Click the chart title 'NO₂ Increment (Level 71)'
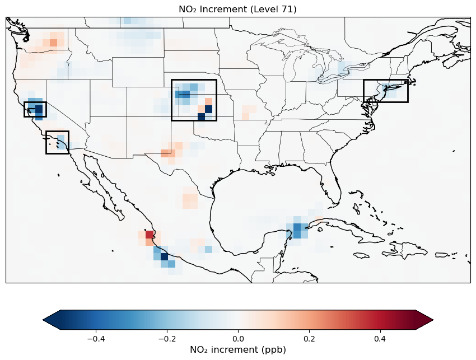click(x=237, y=9)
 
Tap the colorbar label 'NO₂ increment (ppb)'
click(x=237, y=350)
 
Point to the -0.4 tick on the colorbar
click(x=96, y=338)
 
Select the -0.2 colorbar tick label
click(x=166, y=338)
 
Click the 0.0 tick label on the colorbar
click(x=238, y=338)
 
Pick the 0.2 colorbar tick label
click(x=309, y=338)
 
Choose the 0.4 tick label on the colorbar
click(x=380, y=338)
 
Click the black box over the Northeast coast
click(x=385, y=91)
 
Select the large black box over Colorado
click(x=194, y=100)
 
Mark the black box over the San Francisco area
click(x=35, y=109)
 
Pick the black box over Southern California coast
click(x=57, y=142)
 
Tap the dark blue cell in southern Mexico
click(x=164, y=257)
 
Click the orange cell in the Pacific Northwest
click(x=53, y=43)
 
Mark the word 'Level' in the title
click(x=264, y=9)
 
